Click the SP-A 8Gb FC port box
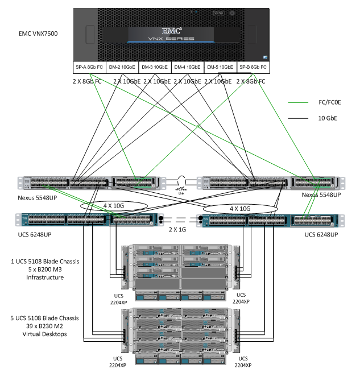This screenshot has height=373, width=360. click(x=89, y=67)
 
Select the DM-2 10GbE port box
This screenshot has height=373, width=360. click(x=122, y=67)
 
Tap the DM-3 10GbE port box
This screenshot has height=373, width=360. click(x=155, y=67)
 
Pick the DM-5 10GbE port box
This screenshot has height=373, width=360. click(x=220, y=67)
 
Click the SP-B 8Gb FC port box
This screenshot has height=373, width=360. click(x=253, y=67)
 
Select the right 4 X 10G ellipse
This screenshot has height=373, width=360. click(x=238, y=208)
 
